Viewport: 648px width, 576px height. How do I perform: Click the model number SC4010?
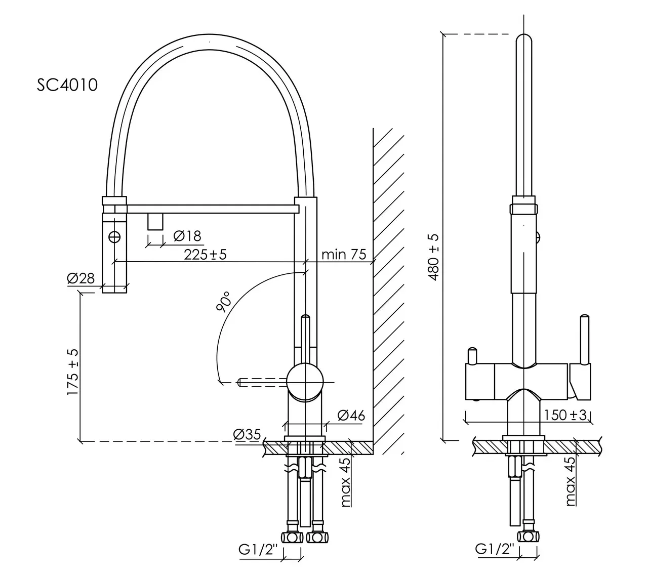(x=67, y=85)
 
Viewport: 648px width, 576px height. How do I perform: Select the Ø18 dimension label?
(x=187, y=235)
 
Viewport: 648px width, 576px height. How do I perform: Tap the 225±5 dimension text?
(x=205, y=254)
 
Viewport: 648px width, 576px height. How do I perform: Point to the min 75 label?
(x=344, y=254)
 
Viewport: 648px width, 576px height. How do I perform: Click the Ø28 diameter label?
(x=80, y=278)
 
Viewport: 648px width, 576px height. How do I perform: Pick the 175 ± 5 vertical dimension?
(x=73, y=372)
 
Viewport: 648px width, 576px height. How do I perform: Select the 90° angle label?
(x=223, y=302)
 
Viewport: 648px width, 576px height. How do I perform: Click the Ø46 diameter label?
(x=351, y=416)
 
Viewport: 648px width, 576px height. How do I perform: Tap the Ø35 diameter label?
(x=247, y=434)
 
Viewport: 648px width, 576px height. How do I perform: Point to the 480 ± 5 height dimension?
(x=433, y=258)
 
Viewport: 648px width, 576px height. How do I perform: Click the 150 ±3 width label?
(x=565, y=415)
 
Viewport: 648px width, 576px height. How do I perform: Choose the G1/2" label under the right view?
(x=495, y=549)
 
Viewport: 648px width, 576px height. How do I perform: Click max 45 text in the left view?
(x=346, y=482)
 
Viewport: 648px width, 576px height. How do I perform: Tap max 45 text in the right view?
(x=571, y=481)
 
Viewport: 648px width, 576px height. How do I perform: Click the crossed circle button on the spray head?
(x=115, y=235)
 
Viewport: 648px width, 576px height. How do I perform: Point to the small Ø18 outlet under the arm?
(x=155, y=221)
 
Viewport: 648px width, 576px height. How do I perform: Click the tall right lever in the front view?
(x=585, y=340)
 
